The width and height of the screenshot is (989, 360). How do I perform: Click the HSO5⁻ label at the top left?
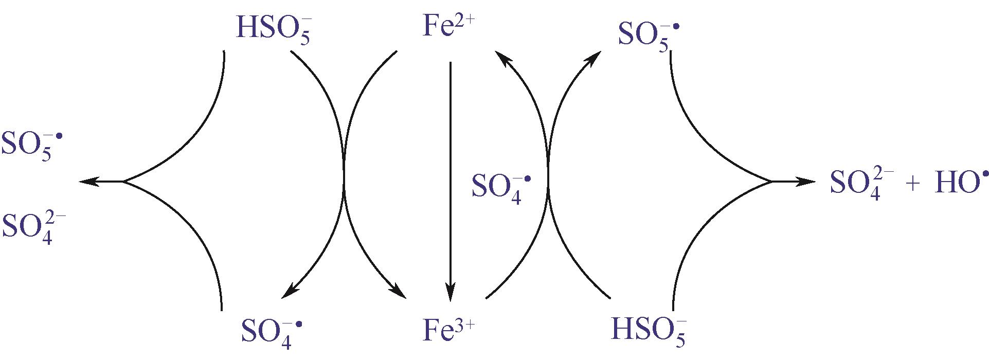coord(274,29)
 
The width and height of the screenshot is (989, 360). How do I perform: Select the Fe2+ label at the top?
coord(446,26)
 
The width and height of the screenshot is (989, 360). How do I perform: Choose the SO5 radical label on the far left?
coord(31,146)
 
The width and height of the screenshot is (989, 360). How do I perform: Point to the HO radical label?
coord(955,183)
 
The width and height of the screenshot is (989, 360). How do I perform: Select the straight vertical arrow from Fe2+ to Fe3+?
coord(451,180)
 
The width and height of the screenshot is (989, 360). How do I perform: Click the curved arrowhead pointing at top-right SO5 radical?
coord(593,58)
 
